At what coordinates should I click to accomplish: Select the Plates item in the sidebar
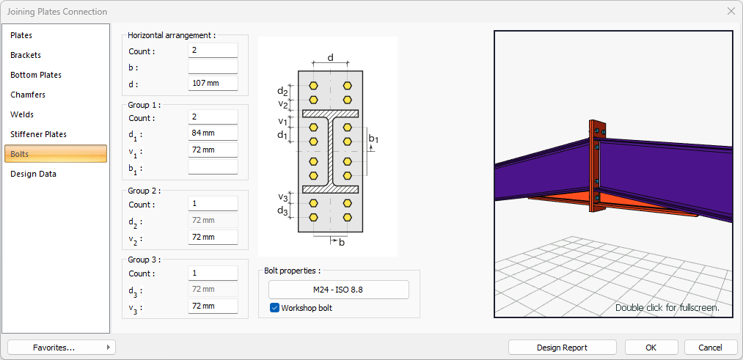tap(22, 35)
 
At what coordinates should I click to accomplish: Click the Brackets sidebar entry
tap(26, 55)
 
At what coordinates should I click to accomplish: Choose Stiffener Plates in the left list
tap(39, 134)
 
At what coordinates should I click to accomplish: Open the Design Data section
tap(34, 174)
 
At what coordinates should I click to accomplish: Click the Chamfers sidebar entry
tap(28, 95)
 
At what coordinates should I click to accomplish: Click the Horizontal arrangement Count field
tap(213, 51)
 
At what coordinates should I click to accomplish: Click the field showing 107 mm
tap(213, 83)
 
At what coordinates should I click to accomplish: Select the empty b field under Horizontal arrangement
tap(213, 67)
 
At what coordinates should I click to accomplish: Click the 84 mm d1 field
tap(213, 133)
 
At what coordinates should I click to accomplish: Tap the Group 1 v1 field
tap(213, 150)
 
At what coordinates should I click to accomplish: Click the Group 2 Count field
tap(213, 204)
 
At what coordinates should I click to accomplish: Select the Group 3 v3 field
tap(213, 306)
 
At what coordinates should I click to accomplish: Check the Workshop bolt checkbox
tap(275, 308)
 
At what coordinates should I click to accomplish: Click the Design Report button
tap(562, 348)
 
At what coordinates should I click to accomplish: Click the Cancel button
tap(710, 348)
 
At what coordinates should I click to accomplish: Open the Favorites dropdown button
tap(61, 348)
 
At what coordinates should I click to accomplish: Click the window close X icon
tap(731, 11)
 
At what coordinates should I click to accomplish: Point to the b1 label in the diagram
tap(374, 139)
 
